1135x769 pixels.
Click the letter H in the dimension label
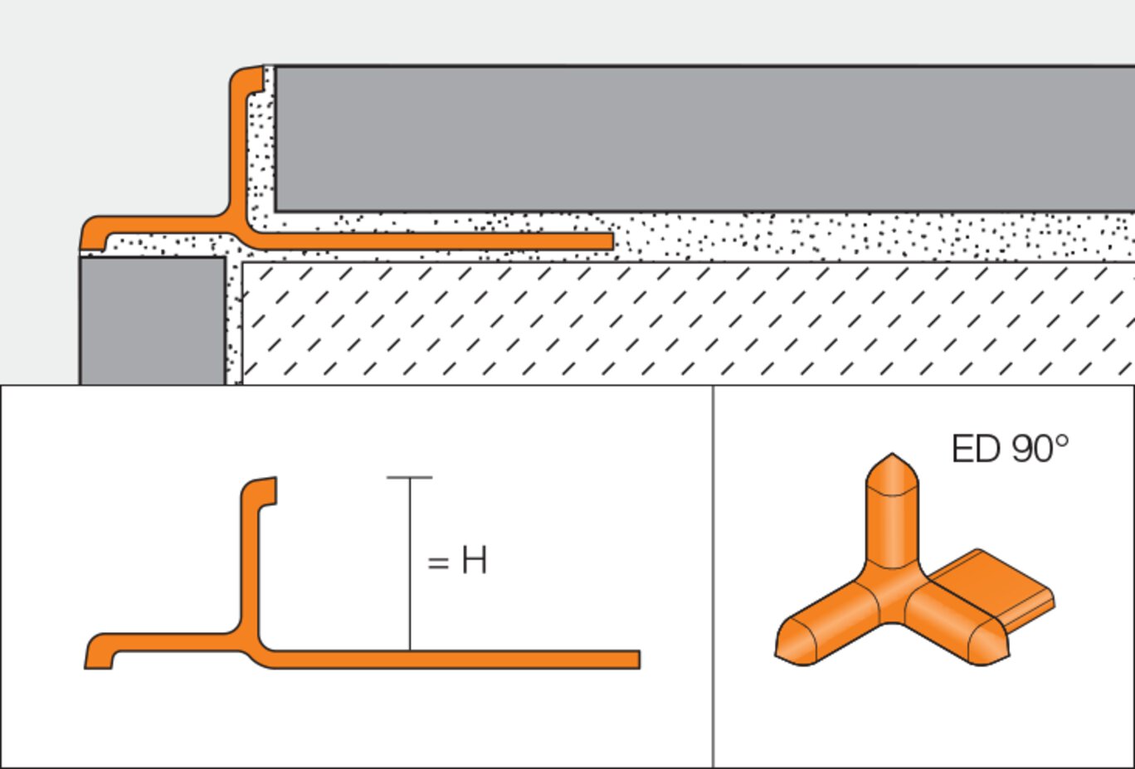474,561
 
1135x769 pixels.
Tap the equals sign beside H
438,563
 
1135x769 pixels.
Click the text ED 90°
1009,449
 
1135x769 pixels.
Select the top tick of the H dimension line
409,478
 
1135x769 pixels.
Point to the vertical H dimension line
409,564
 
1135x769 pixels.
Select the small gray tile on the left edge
152,319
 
